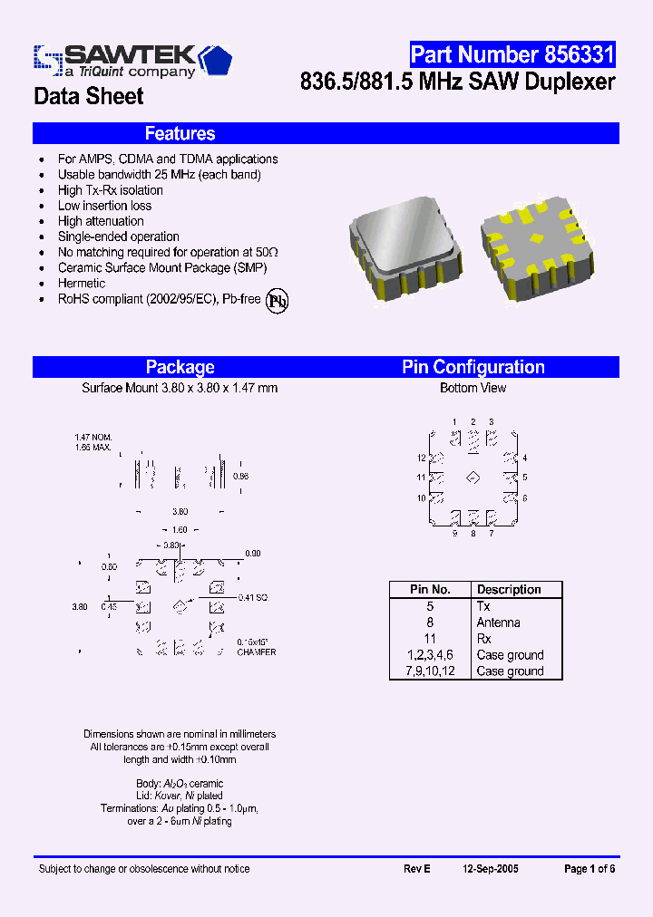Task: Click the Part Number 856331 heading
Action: (512, 54)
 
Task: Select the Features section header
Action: (180, 134)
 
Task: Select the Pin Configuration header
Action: (473, 367)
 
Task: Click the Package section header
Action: (180, 367)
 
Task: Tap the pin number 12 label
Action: (422, 458)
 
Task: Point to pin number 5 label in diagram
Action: (524, 477)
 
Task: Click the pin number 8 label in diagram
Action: (473, 533)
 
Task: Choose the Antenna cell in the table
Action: (498, 623)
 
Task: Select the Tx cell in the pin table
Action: (483, 606)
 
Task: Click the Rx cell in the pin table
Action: (483, 639)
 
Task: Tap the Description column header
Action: (509, 590)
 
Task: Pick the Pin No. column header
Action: (430, 590)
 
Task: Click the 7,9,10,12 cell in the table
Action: (430, 671)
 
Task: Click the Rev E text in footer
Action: (416, 869)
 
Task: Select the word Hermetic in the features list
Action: (82, 284)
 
